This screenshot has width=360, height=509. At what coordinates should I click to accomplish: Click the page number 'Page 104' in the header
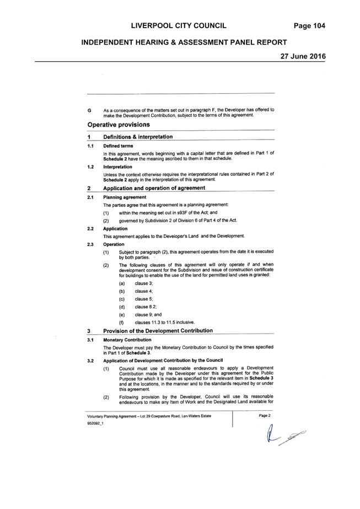309,26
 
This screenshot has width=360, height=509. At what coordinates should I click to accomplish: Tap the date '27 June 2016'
303,56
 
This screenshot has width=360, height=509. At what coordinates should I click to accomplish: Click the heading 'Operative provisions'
119,125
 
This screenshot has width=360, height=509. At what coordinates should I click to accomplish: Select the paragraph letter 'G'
89,110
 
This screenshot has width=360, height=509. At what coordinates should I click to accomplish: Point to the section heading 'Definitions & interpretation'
138,137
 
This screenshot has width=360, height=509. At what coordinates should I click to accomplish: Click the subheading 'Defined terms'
118,146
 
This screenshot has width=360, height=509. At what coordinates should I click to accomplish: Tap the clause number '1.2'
90,167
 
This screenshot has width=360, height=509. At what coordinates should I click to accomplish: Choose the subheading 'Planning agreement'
125,197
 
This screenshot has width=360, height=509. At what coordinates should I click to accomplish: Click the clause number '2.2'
90,228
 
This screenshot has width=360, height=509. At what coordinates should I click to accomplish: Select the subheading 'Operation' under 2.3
114,244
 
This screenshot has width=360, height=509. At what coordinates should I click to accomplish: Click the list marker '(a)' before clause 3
122,283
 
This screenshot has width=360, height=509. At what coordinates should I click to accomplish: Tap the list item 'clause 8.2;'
146,307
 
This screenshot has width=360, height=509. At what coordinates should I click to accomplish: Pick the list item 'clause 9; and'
148,314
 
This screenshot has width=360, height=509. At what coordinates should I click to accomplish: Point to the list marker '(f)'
121,323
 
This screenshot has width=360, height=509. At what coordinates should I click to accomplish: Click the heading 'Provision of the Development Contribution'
158,331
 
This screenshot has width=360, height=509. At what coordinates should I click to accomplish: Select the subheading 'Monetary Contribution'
127,340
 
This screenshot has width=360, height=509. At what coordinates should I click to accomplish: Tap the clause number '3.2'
90,361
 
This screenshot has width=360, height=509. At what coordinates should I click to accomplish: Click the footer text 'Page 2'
265,415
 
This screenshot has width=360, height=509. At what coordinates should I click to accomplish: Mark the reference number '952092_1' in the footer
95,424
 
